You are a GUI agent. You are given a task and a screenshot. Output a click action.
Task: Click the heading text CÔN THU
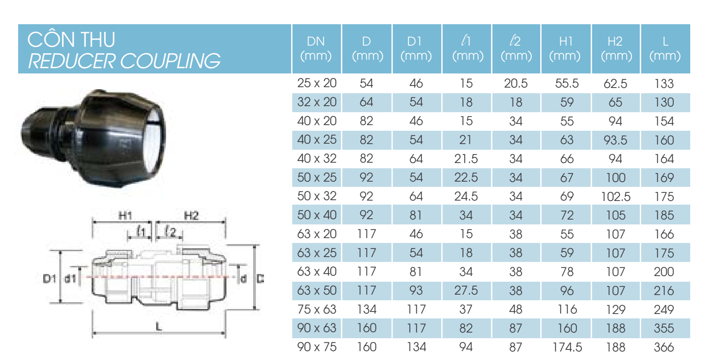(x=71, y=39)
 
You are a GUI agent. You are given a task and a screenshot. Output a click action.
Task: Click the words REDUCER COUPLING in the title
(x=124, y=61)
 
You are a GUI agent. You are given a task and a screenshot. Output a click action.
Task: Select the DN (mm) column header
(x=316, y=48)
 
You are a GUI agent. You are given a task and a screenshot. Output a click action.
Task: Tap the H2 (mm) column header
(x=616, y=48)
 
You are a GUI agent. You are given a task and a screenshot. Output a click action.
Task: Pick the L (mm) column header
(x=665, y=48)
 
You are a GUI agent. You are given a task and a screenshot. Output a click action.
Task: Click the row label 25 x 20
(x=317, y=83)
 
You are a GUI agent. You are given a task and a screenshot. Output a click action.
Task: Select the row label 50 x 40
(x=317, y=215)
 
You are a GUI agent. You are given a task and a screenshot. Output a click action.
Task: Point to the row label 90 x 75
(x=317, y=347)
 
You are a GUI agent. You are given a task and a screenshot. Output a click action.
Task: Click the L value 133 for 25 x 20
(x=664, y=84)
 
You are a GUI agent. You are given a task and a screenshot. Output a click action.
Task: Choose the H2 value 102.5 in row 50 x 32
(x=616, y=197)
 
